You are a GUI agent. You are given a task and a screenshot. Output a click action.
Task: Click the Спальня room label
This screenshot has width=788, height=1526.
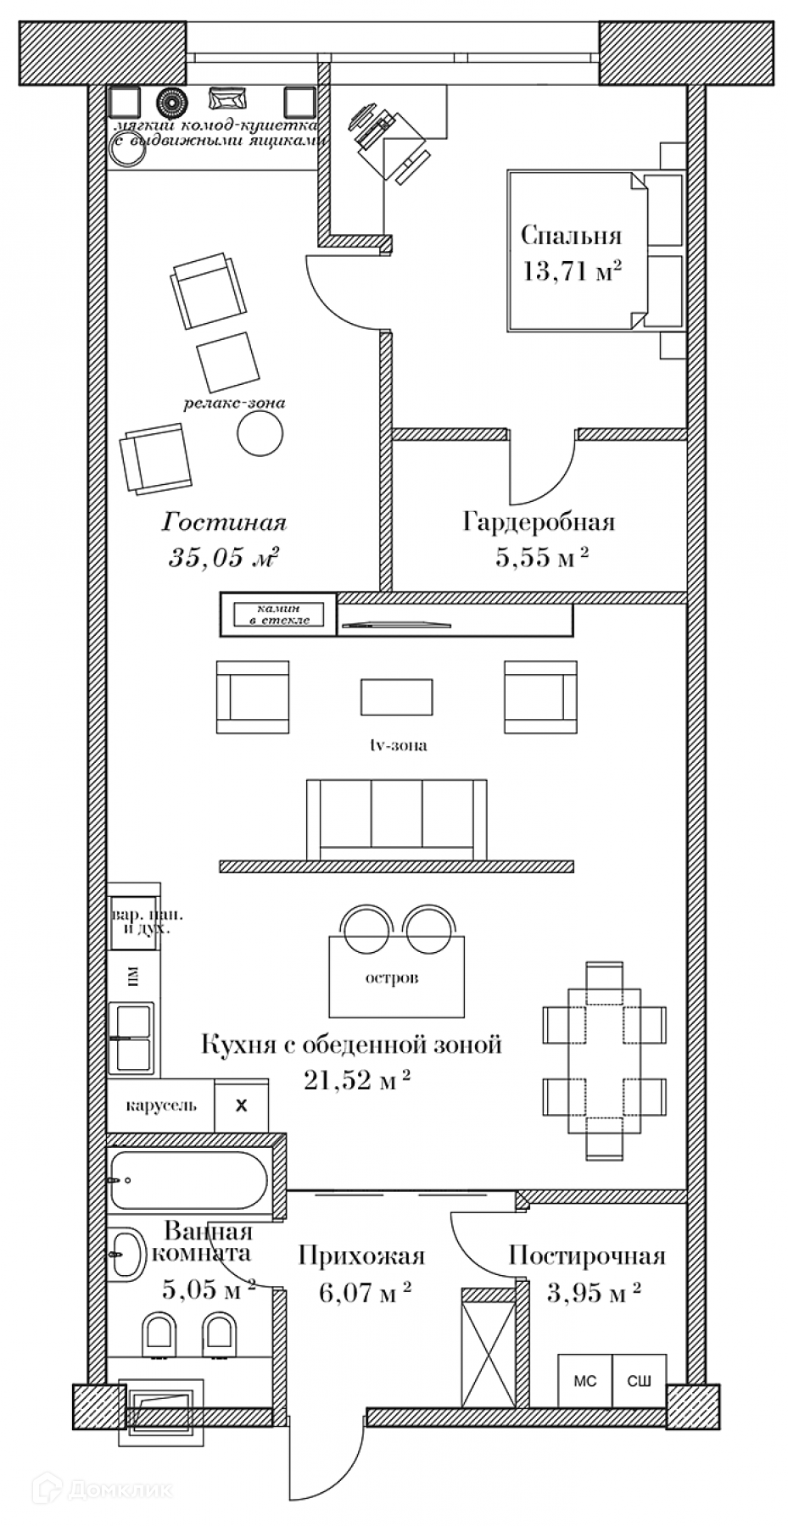point(571,235)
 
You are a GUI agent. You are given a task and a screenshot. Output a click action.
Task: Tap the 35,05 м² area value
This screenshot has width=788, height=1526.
point(225,557)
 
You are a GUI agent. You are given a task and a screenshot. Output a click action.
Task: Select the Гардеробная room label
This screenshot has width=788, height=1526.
point(538,521)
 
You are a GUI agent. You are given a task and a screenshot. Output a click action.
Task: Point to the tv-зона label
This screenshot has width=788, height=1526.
point(398,746)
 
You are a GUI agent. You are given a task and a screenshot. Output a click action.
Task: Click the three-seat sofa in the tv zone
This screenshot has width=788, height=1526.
point(396,818)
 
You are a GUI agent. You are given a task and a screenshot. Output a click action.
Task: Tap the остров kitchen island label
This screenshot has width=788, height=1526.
point(392,978)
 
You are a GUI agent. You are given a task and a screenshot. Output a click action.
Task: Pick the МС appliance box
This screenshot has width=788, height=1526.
point(584,1381)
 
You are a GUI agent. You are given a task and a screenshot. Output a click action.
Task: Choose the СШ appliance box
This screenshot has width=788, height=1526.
point(639,1381)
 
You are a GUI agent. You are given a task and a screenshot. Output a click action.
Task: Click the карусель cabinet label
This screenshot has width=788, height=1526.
point(161,1105)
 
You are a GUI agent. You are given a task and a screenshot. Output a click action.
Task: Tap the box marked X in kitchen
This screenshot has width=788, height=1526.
point(241,1106)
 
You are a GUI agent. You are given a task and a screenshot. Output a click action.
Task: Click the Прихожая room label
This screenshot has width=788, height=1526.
point(360,1256)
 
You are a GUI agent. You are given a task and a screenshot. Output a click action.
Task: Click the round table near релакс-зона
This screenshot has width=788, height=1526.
point(258,436)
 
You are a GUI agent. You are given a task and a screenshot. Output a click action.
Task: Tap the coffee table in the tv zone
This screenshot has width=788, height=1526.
point(396,698)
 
